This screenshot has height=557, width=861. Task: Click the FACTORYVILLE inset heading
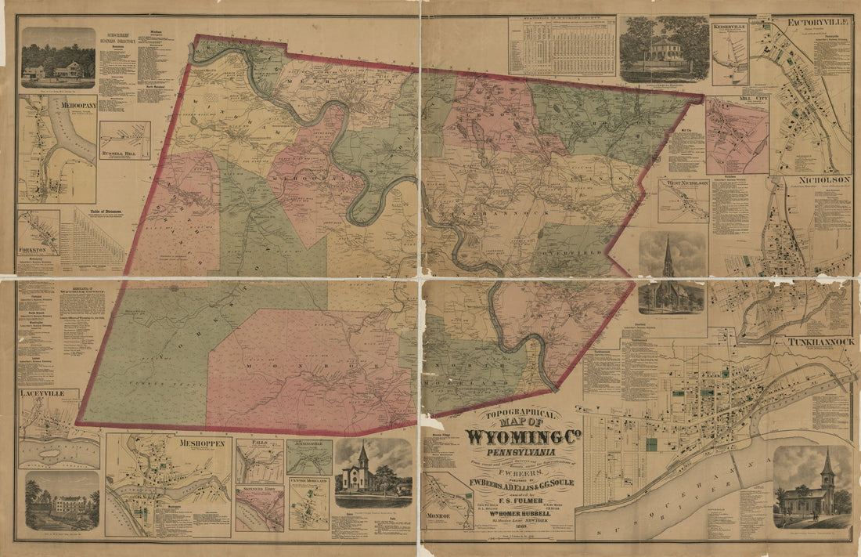pos(818,21)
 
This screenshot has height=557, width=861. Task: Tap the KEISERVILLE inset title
pos(730,26)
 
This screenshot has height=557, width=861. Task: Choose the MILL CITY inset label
pos(737,99)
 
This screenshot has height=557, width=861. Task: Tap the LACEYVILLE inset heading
pos(47,392)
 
